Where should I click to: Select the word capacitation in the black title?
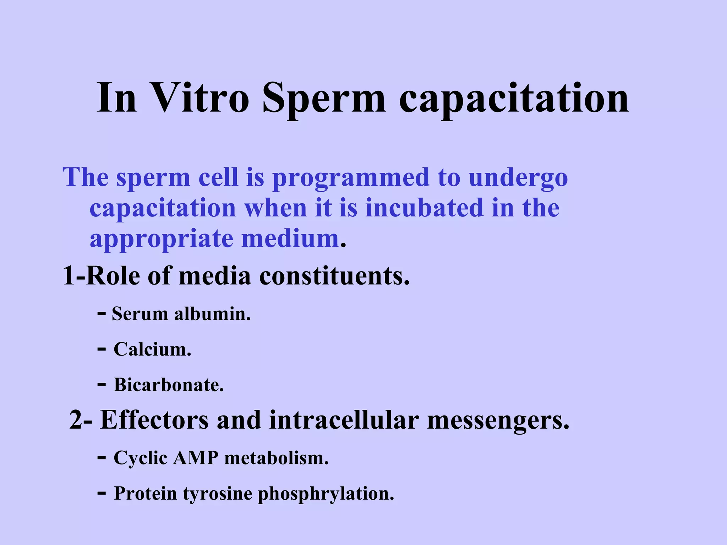point(514,99)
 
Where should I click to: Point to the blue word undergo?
point(518,177)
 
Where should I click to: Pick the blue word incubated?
point(424,208)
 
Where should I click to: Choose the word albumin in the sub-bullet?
point(212,314)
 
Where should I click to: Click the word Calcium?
point(152,349)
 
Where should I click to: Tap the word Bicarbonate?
point(169,385)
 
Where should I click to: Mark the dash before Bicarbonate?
point(101,384)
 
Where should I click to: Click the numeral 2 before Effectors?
point(76,420)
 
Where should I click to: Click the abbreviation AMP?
point(196,458)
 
